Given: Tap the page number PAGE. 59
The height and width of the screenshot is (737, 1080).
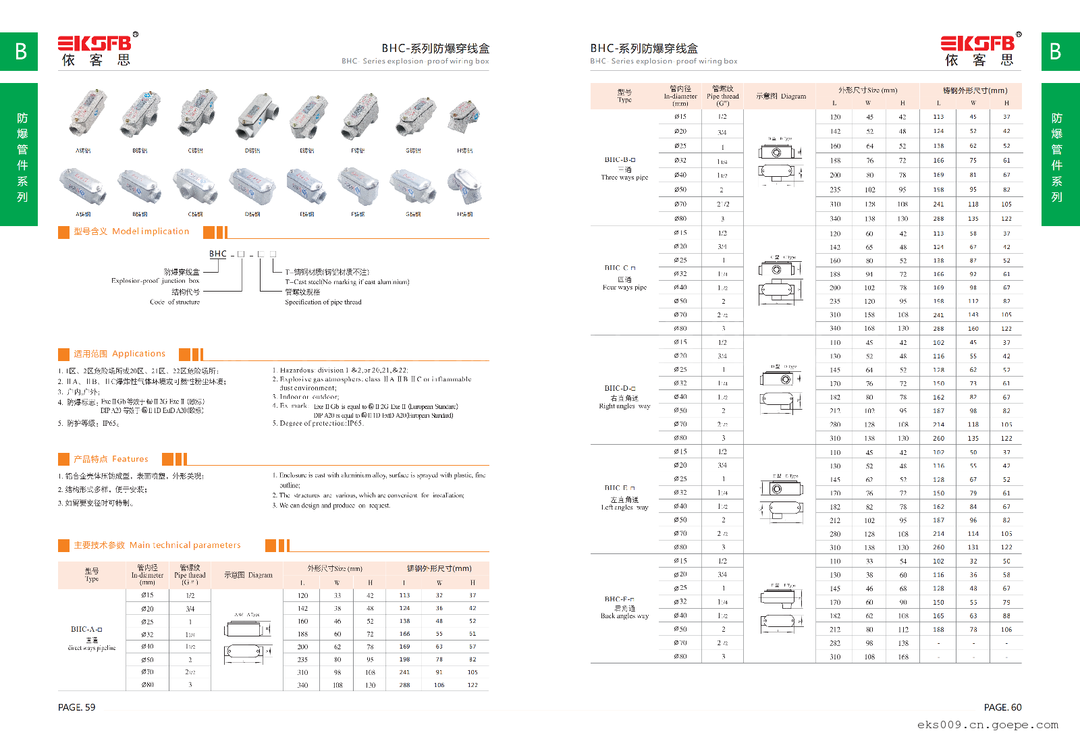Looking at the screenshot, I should [77, 707].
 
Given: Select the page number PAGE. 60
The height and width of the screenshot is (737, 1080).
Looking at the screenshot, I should [1002, 707].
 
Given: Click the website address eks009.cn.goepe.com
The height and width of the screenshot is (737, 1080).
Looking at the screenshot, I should [988, 725].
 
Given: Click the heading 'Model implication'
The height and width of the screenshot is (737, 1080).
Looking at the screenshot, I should [151, 231].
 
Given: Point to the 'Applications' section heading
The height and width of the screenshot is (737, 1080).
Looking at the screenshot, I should [138, 354].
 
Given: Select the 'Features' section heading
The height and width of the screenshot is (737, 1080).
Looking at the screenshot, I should [130, 459].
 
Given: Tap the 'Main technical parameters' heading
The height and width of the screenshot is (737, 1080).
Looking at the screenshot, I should [184, 545].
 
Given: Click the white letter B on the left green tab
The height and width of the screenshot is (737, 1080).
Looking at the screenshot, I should [21, 52].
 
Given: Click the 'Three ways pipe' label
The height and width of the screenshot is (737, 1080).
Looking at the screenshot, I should [624, 178].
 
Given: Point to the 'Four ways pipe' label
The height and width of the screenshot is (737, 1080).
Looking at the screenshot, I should [624, 288].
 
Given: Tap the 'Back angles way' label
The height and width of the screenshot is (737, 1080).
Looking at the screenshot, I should [624, 616].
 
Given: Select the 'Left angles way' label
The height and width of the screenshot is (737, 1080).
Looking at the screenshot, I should [624, 508].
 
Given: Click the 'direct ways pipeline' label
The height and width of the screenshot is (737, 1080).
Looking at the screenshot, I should [92, 648].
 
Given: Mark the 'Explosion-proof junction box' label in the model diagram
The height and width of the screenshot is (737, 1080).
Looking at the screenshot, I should [155, 281].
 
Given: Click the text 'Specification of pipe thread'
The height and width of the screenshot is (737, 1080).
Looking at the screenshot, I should [323, 302].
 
